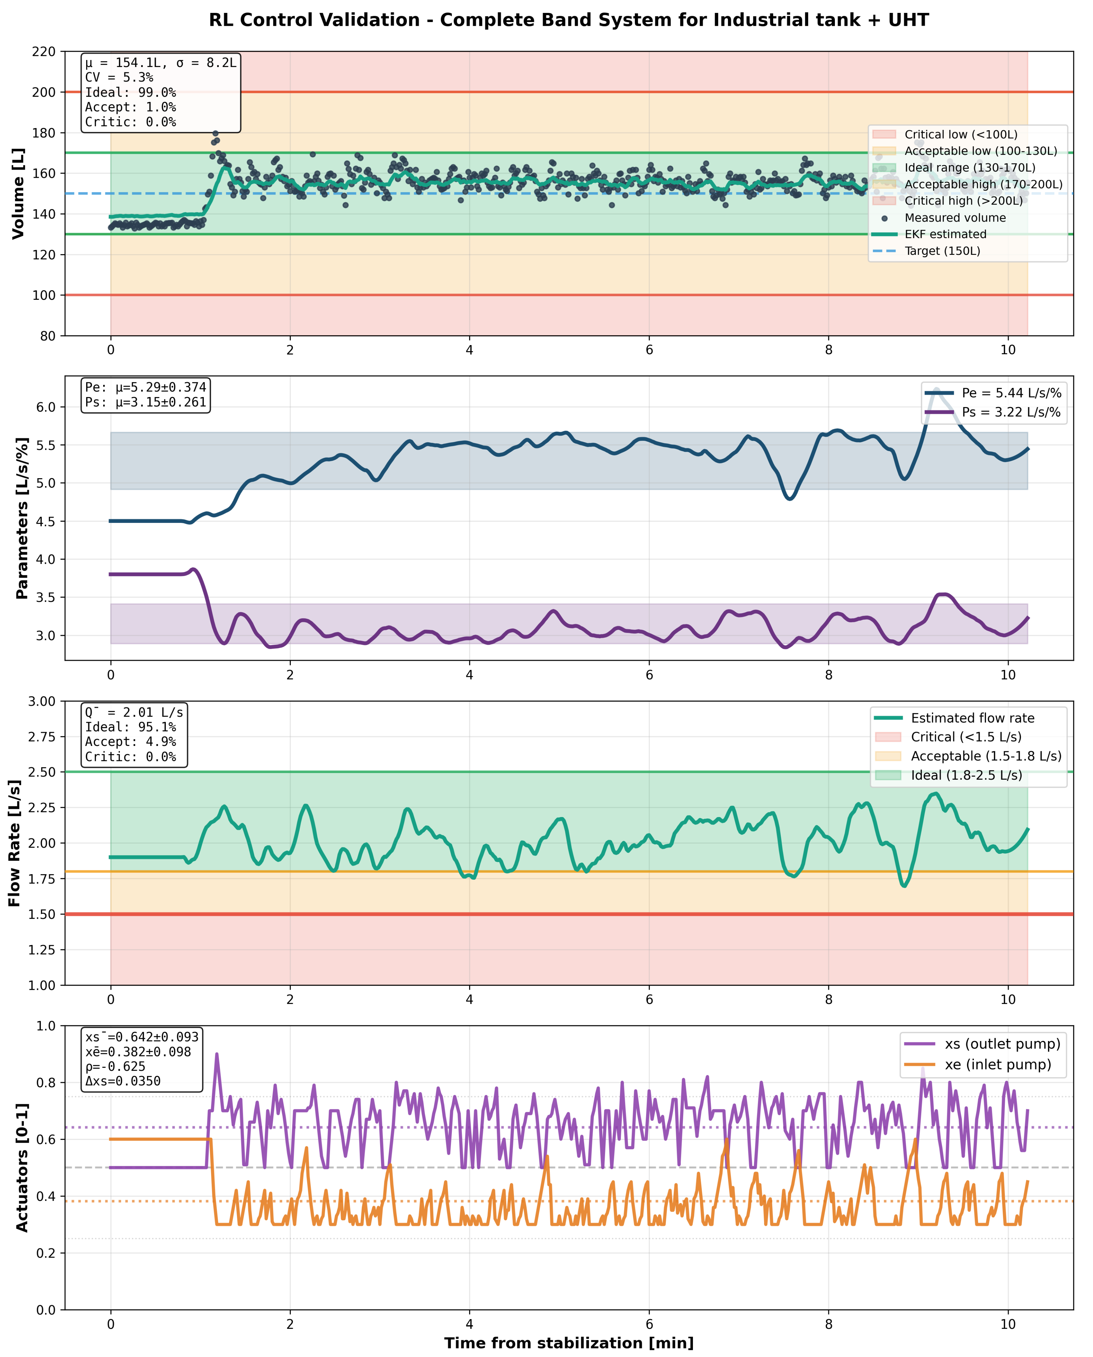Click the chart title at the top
[569, 20]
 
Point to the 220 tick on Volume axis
[44, 52]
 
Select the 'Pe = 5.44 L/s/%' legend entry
[1011, 393]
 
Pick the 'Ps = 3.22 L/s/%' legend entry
[1011, 412]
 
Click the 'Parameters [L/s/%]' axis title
[22, 518]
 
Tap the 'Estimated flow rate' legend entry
[972, 718]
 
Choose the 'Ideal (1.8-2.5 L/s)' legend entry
[967, 775]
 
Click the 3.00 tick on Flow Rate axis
[42, 701]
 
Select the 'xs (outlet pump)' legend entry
[1002, 1044]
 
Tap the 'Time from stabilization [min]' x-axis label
[569, 1343]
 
